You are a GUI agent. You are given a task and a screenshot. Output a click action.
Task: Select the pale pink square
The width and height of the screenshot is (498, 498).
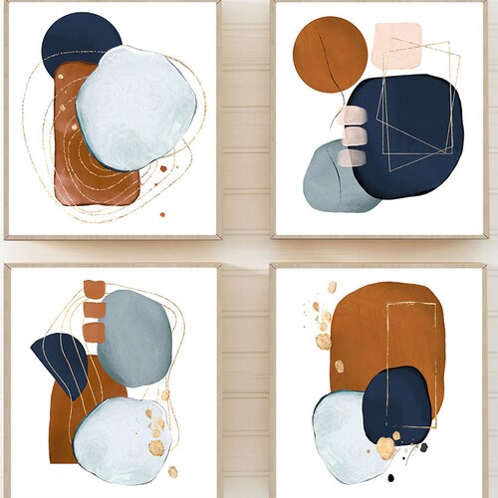[x=396, y=46]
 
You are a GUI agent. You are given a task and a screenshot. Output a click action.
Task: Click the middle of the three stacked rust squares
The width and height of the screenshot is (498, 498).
[x=95, y=310]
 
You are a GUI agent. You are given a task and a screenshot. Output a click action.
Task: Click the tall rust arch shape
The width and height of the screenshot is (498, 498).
[x=383, y=329]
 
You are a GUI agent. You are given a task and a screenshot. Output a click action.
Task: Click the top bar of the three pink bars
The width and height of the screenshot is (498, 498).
[x=352, y=118]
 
